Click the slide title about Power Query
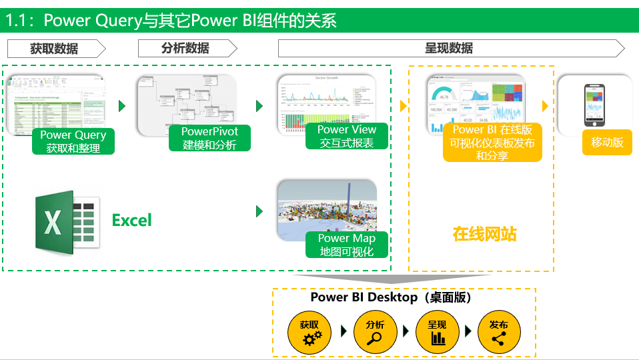(171, 21)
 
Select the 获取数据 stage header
(55, 49)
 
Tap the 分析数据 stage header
(186, 49)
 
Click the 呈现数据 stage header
(450, 49)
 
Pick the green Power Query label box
(73, 141)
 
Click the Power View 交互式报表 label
(347, 137)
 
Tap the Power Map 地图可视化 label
(347, 245)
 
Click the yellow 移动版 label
(607, 143)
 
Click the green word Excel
(132, 220)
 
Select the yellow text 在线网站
(484, 234)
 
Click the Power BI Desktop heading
(392, 297)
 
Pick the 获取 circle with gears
(309, 332)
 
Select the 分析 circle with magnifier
(375, 332)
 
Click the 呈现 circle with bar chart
(438, 332)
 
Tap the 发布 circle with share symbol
(499, 332)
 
